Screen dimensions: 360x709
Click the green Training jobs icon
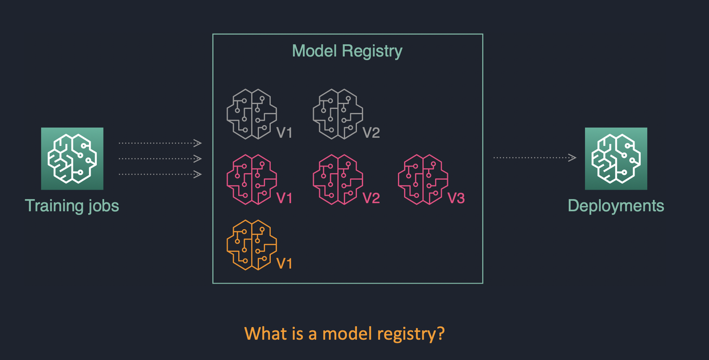72,158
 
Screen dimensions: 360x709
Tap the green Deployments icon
616,158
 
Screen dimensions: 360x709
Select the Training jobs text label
72,206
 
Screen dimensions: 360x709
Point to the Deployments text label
616,206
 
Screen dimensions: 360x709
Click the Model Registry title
347,51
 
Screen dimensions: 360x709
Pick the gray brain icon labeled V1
252,114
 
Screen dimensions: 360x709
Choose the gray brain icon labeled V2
338,114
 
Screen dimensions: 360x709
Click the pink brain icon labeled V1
252,180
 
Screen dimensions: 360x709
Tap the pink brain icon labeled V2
338,180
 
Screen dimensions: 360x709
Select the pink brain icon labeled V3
423,180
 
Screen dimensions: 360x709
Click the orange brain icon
252,245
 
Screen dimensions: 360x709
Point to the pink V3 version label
456,198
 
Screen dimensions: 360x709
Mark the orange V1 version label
284,264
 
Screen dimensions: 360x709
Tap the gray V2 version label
371,133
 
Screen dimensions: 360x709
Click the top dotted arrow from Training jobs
160,143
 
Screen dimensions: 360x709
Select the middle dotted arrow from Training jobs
160,158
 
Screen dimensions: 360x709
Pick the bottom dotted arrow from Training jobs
160,174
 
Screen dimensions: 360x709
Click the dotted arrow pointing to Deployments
535,158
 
